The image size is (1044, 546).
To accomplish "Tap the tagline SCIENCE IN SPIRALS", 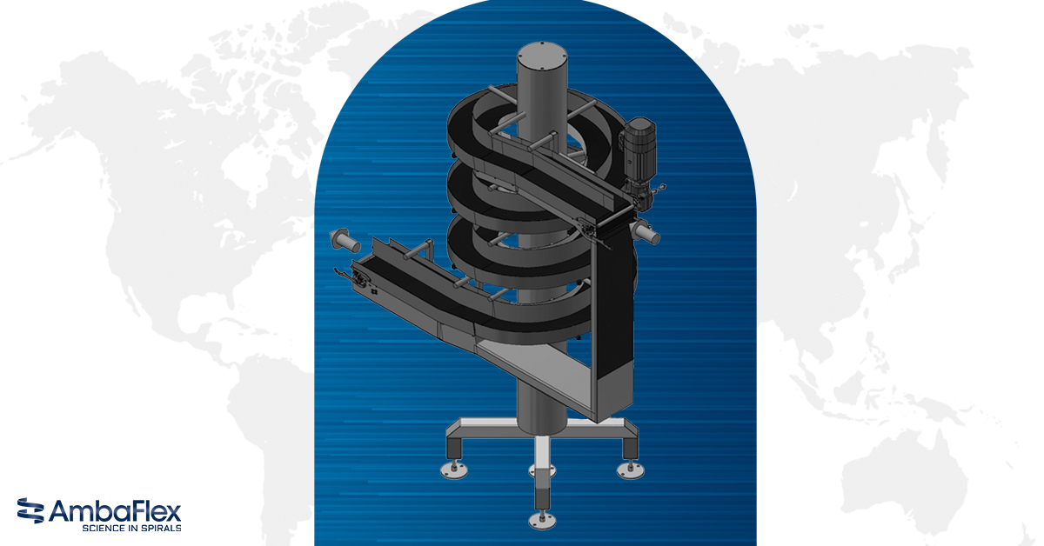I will [x=130, y=527].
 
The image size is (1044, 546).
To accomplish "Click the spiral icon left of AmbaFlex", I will [x=30, y=512].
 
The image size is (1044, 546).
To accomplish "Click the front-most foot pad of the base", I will [x=539, y=521].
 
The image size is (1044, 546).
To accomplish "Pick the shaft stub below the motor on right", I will [x=647, y=232].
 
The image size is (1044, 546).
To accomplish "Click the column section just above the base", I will [x=540, y=409].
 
